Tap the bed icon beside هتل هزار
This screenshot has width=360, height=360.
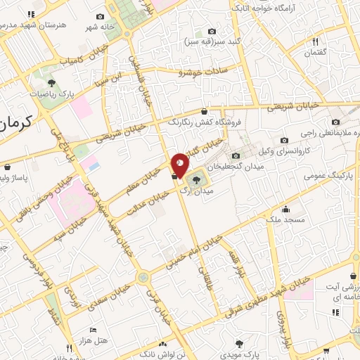click(92, 329)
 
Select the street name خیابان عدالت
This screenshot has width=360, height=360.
click(146, 204)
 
